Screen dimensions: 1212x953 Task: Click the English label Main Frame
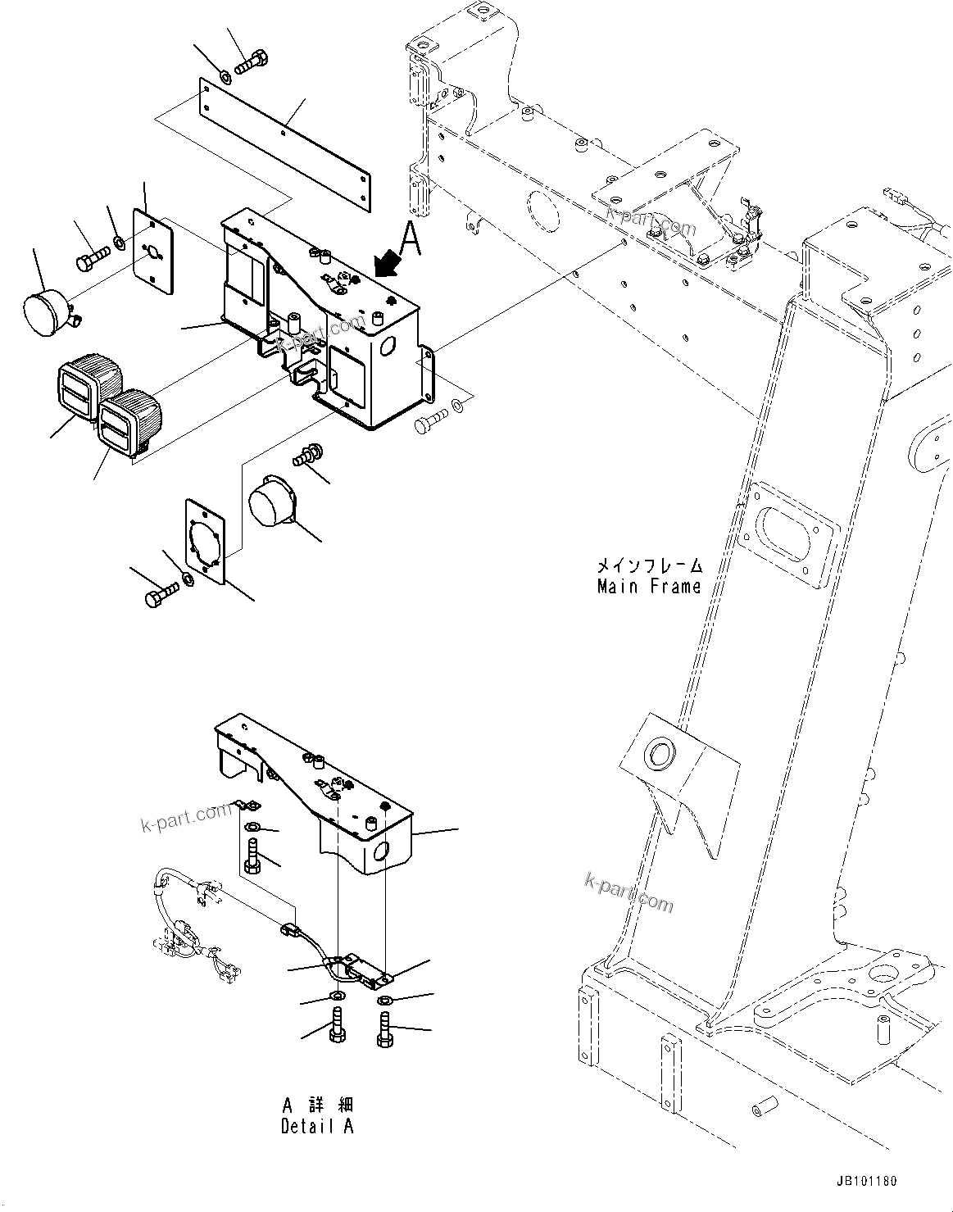tap(649, 587)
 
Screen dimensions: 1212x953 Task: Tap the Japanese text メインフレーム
tap(649, 565)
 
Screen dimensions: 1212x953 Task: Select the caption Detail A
tap(317, 1126)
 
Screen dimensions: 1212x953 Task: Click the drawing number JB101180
tap(867, 1182)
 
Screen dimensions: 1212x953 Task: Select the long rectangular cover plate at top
tap(283, 133)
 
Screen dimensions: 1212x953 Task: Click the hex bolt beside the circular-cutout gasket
tap(159, 597)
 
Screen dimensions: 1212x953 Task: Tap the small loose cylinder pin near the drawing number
tap(759, 1110)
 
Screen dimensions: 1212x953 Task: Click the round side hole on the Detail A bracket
tap(380, 854)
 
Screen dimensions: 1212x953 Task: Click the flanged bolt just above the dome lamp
tap(310, 453)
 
